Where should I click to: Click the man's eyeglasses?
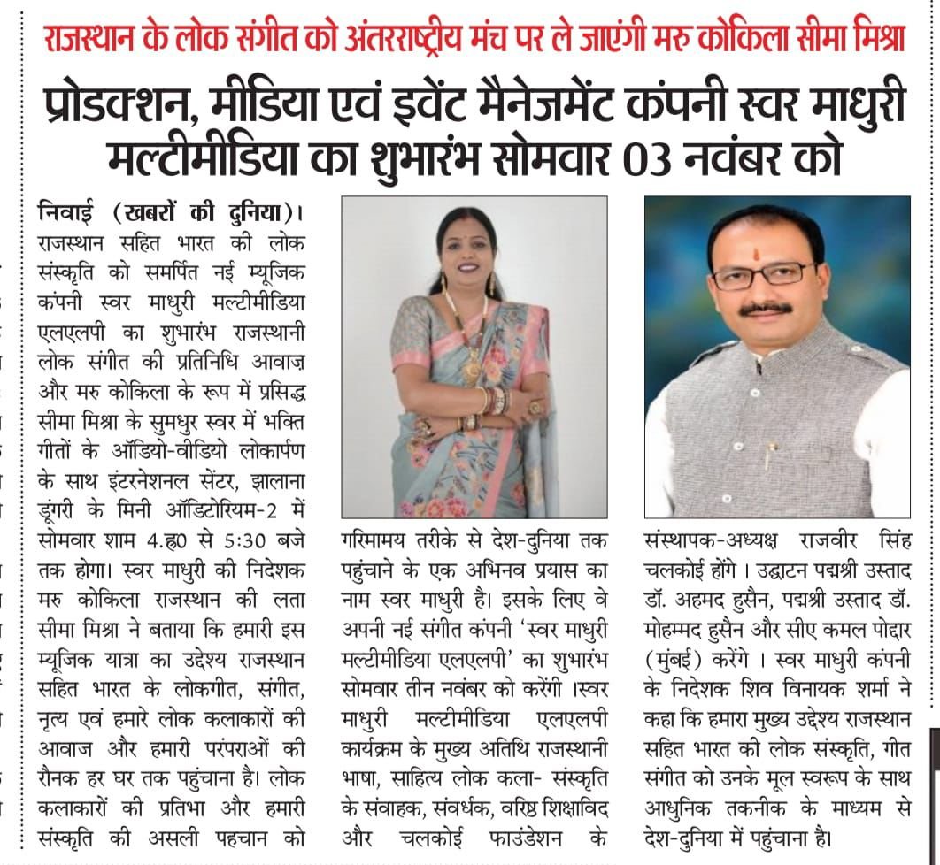click(x=763, y=275)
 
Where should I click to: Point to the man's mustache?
click(x=766, y=309)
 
